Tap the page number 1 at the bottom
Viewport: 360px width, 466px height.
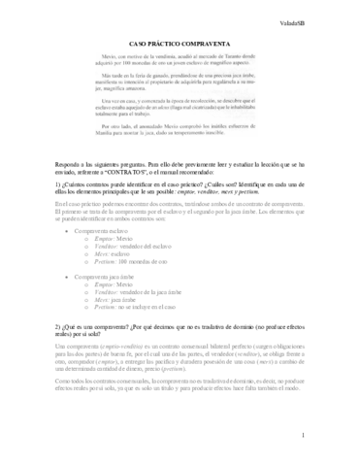[330, 437]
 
